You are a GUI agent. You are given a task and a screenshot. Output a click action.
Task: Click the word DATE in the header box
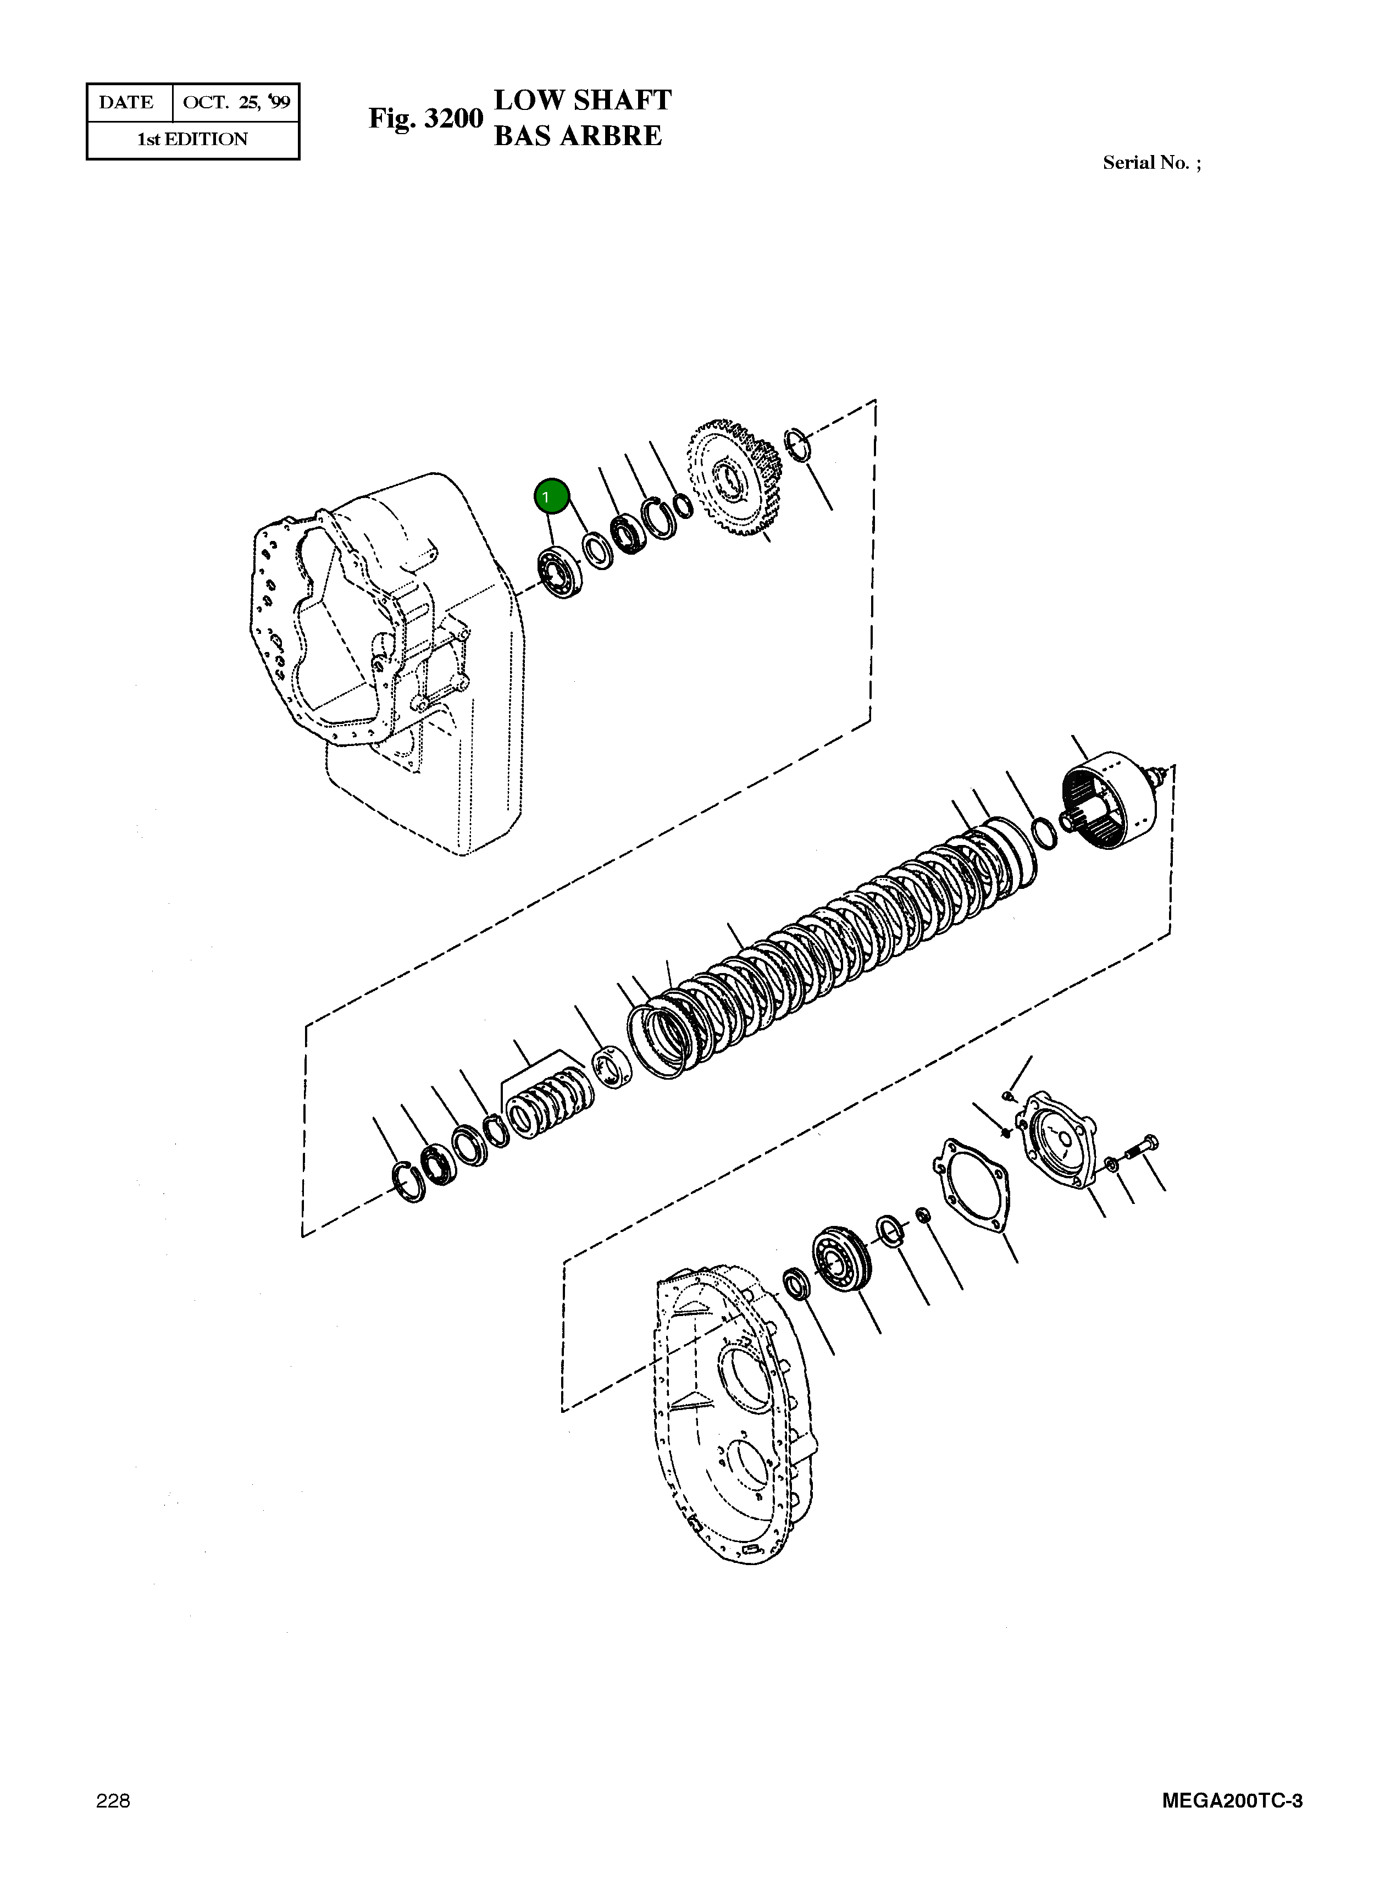coord(126,102)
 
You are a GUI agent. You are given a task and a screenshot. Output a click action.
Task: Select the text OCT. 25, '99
coord(236,102)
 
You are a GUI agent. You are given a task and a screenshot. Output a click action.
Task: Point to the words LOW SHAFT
coord(583,100)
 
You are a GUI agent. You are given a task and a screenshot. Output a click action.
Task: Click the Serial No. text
coord(1151,163)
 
